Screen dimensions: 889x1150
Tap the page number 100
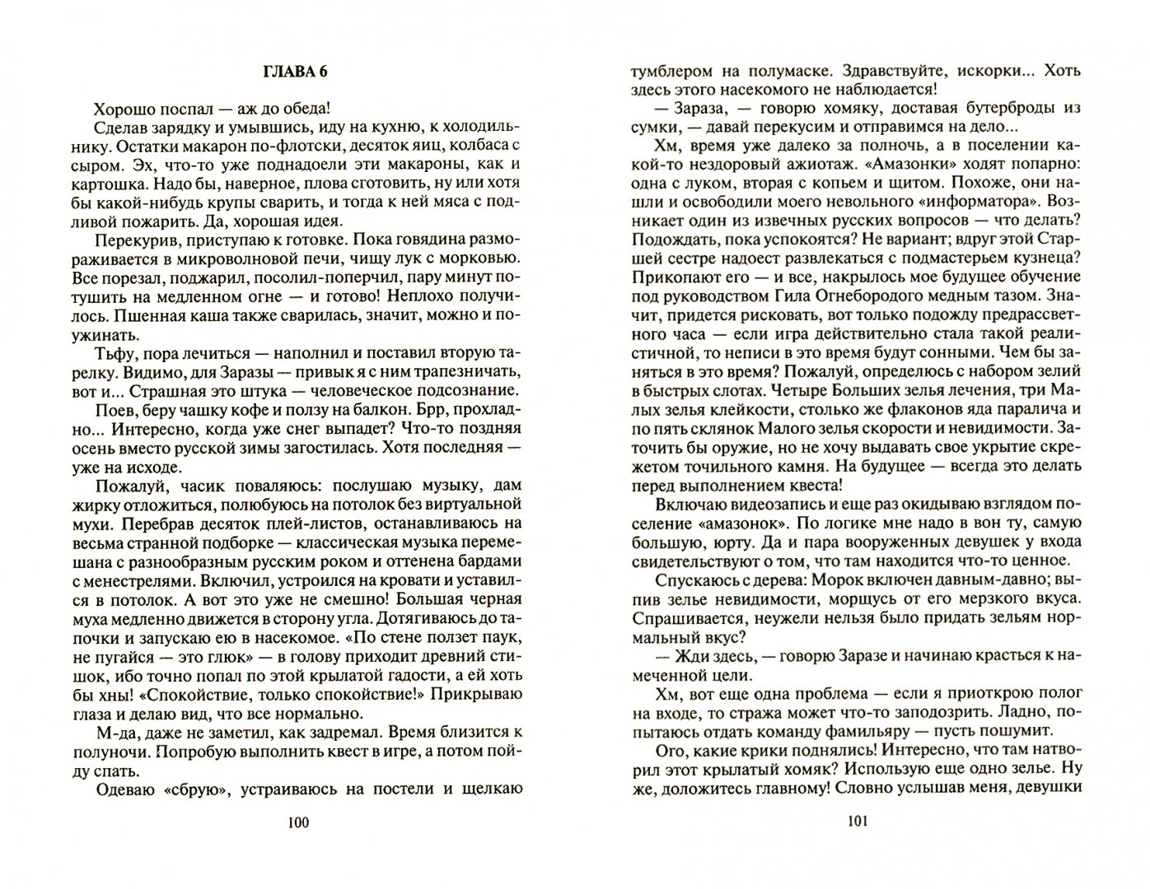(x=298, y=822)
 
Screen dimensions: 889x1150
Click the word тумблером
(x=668, y=71)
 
